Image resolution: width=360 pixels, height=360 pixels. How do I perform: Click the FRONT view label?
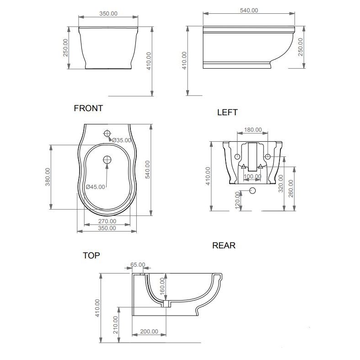tap(88, 108)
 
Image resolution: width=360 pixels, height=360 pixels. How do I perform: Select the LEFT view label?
tap(227, 112)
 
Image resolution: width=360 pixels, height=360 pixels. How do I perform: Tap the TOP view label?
tap(91, 255)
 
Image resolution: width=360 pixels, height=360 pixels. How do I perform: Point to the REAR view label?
tap(224, 246)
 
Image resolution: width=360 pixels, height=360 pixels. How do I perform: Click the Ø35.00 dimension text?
tap(122, 140)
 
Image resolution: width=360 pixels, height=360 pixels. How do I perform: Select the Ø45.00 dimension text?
tap(95, 187)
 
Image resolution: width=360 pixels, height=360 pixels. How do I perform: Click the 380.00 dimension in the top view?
tap(48, 177)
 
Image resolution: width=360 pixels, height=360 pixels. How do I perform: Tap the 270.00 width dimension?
tap(107, 221)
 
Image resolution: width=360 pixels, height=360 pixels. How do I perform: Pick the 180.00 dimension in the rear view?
tap(253, 130)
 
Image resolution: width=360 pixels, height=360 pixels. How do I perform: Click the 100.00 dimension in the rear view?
tap(253, 176)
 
